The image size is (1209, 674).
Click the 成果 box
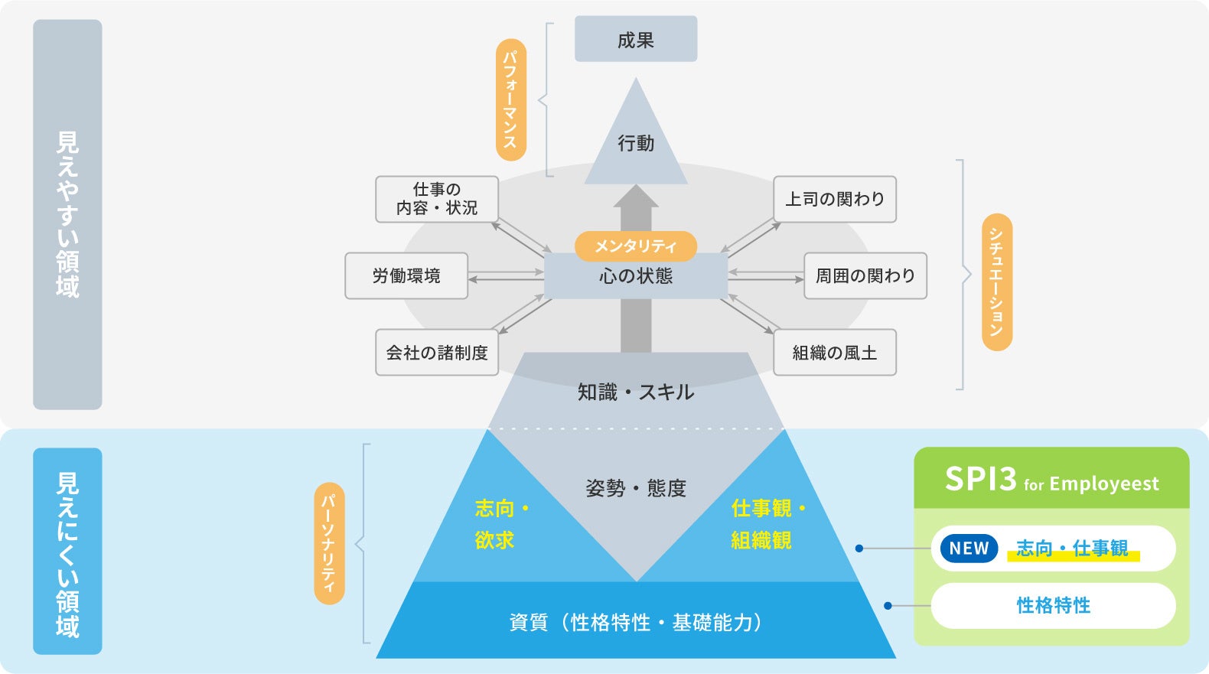636,39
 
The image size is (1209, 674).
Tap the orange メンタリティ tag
636,246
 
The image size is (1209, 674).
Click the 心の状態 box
636,276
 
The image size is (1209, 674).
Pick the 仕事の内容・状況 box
437,199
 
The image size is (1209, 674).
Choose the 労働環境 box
406,275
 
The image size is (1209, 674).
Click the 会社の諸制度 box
437,352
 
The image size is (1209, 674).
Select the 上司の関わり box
835,199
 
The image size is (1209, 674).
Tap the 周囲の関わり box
865,275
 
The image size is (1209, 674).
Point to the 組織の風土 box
835,352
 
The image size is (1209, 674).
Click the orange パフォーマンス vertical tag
510,99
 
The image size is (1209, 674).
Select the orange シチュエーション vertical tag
996,282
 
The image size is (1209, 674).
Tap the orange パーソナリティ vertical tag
329,543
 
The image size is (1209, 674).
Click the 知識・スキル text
636,392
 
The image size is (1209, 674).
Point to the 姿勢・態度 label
636,488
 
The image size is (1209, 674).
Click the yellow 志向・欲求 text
501,524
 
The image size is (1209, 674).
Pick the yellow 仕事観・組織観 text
767,524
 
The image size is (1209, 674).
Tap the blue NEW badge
969,549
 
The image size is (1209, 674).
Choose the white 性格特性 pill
1053,605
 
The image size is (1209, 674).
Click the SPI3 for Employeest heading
1051,480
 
